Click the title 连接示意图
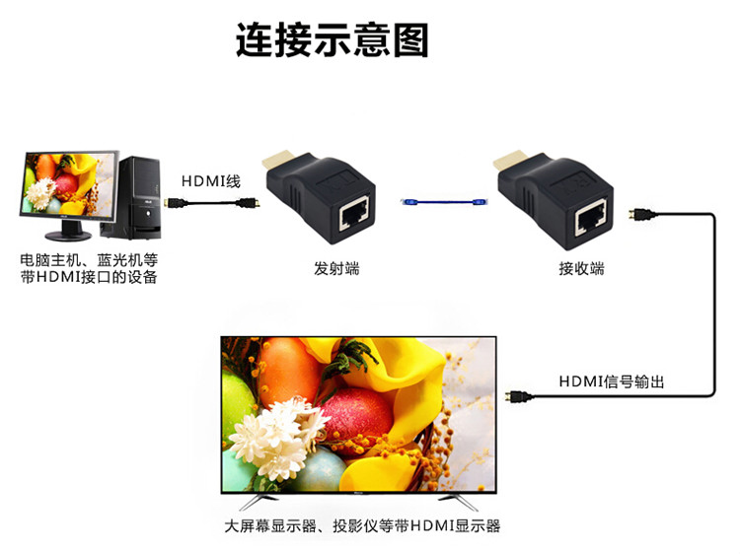[333, 40]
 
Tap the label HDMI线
[211, 181]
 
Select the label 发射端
[336, 267]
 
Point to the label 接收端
[581, 267]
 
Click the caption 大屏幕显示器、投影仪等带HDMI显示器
[362, 525]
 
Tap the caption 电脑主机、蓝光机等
[89, 259]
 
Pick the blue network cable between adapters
[444, 202]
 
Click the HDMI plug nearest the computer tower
[173, 204]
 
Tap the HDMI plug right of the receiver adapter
[643, 213]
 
